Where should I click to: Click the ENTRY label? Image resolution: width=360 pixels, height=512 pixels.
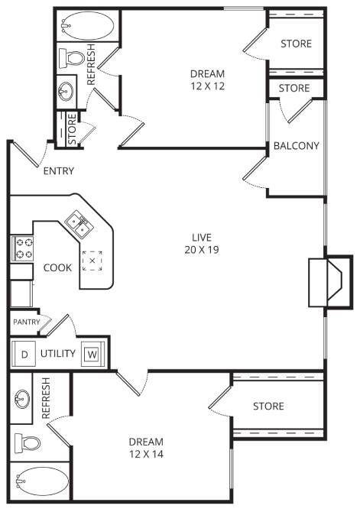point(58,170)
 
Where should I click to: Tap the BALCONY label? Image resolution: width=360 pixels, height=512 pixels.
point(297,145)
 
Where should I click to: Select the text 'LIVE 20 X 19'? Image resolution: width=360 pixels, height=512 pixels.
point(202,243)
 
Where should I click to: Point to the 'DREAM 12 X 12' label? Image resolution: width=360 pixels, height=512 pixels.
point(207,80)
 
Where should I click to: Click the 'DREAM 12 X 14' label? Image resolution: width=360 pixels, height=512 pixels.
point(146,448)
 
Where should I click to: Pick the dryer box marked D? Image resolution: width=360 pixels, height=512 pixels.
point(24,354)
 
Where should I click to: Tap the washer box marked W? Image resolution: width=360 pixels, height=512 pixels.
point(91,354)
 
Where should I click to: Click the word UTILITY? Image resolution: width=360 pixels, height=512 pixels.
point(57,354)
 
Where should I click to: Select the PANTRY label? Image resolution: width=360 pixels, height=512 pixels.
point(25,322)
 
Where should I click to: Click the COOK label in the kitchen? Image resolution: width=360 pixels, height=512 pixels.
point(57,267)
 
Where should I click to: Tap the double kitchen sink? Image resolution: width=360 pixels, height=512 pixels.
point(79,224)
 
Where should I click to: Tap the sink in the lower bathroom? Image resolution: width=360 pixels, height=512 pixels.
point(22,399)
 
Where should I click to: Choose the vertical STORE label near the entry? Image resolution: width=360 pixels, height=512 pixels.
point(72,130)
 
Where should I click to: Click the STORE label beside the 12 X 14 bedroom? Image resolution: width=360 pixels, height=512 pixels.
point(268,406)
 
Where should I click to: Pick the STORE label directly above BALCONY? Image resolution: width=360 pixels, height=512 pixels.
point(294,89)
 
